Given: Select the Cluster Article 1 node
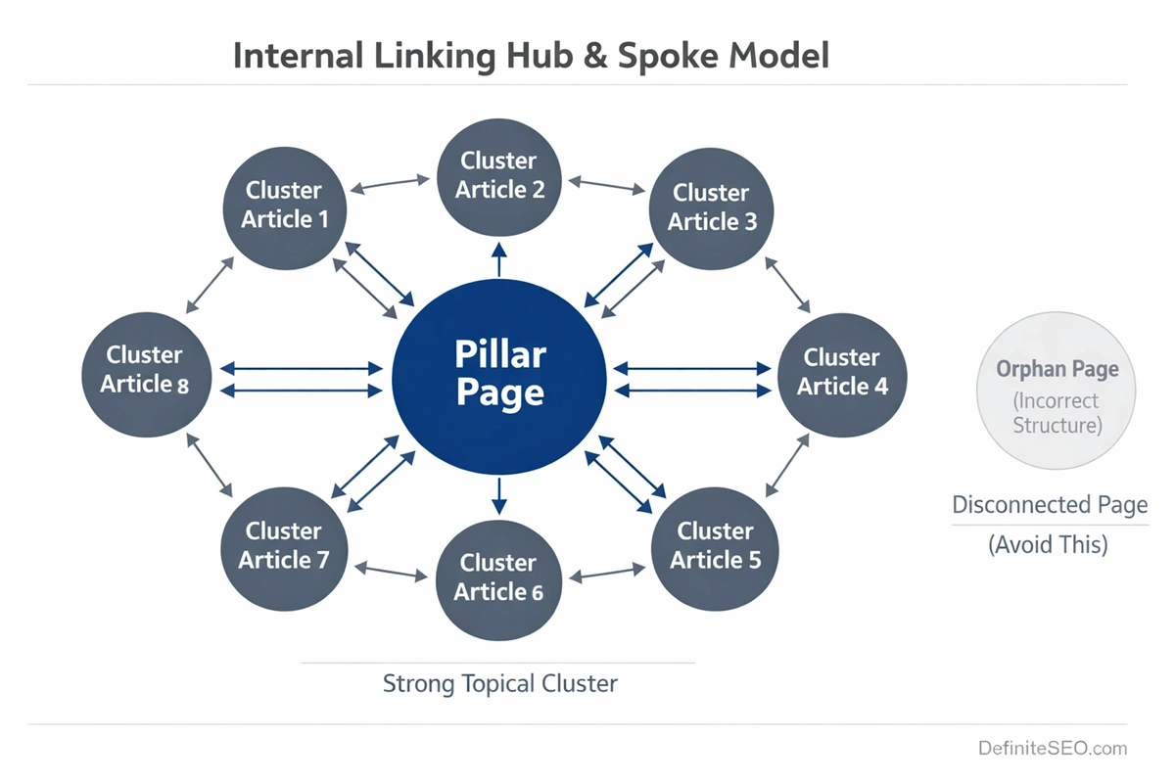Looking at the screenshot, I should point(284,205).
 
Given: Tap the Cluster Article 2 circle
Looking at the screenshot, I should point(499,175).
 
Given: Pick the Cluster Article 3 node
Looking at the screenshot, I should point(712,207).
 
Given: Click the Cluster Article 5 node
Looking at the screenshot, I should point(715,545).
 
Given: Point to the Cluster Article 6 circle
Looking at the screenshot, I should point(497,577).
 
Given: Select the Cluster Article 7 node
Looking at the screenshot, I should point(284,545).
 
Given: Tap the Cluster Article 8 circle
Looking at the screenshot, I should point(145,370).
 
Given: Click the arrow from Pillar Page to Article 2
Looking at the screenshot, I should point(499,259).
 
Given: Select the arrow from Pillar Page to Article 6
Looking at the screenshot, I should point(499,495).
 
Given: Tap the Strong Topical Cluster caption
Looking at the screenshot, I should point(499,683).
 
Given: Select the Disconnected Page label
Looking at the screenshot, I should point(1050,506).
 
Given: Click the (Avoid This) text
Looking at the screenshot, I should point(1048,544).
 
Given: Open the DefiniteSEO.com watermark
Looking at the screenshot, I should point(1052,749).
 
